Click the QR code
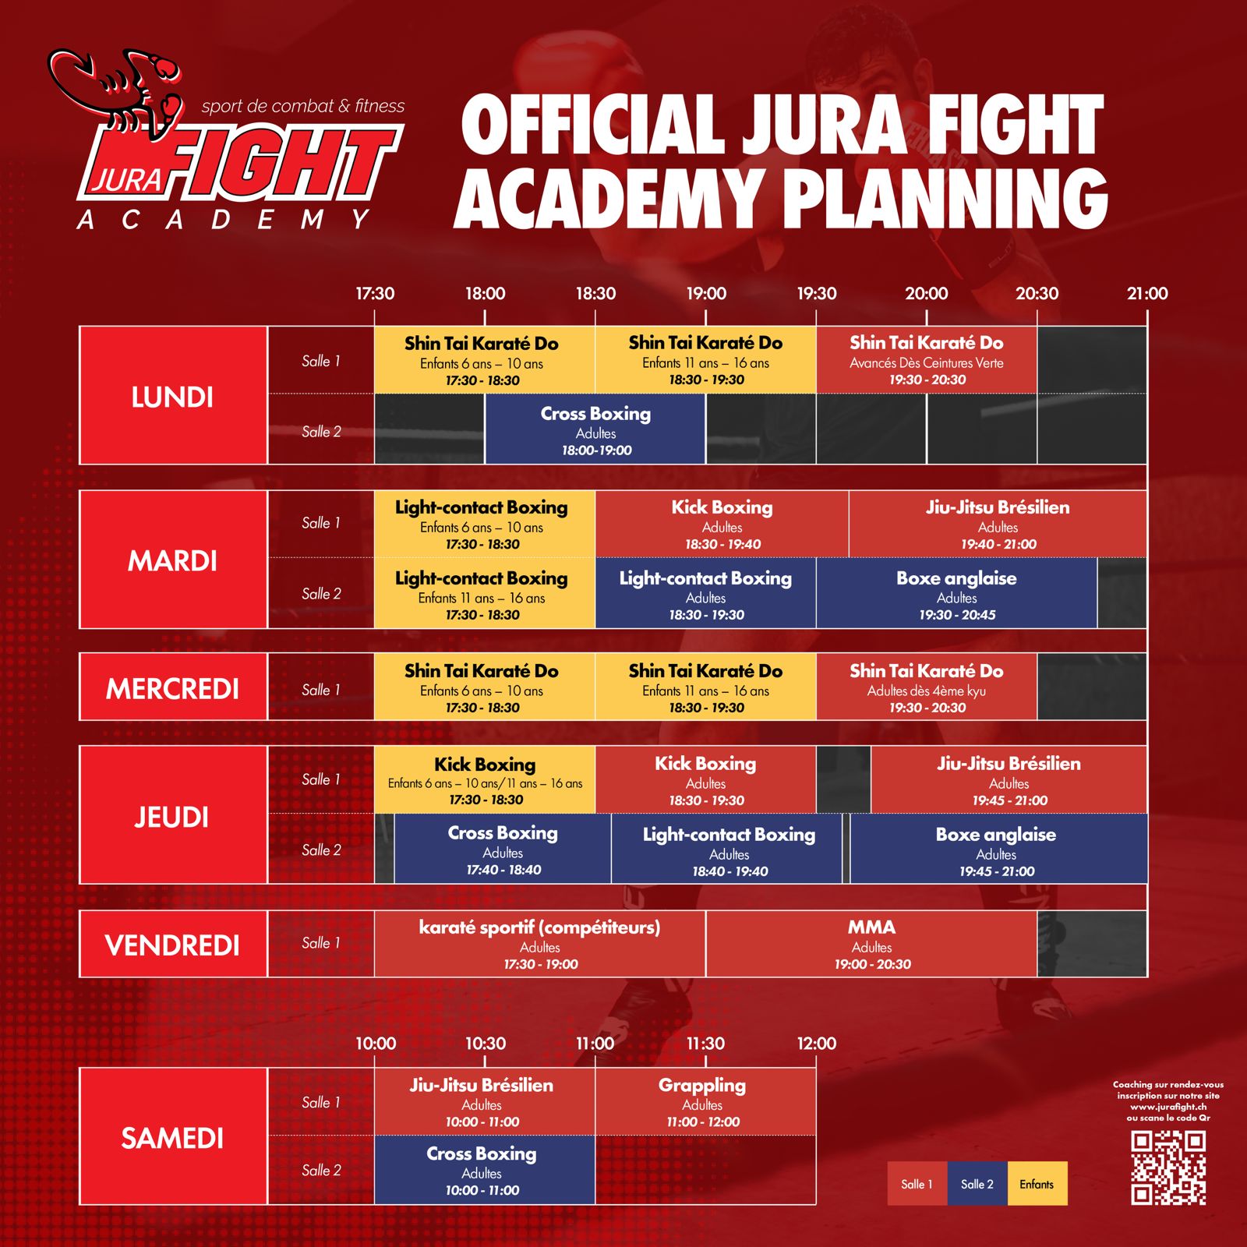coord(1168,1168)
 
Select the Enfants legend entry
coord(1037,1184)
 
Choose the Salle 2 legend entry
coord(977,1184)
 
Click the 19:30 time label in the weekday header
coord(816,294)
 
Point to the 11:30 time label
coord(705,1044)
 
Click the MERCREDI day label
coord(172,689)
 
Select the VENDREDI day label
coord(172,945)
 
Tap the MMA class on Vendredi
coord(871,945)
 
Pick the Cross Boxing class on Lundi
coord(595,430)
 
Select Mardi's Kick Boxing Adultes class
coord(722,525)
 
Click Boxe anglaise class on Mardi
coord(956,594)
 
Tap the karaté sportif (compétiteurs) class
coord(540,945)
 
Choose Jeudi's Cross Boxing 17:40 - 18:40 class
coord(503,850)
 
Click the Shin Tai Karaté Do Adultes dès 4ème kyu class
coord(927,687)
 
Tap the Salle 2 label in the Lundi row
coord(321,432)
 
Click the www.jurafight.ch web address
coord(1168,1107)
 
